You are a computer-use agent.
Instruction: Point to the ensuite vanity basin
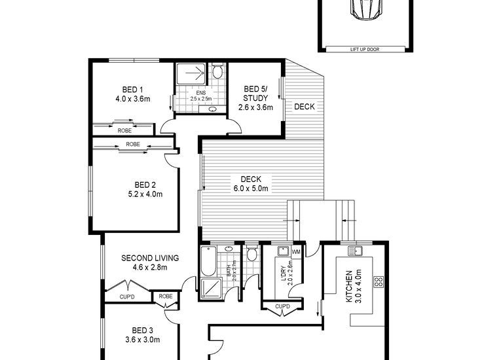click(x=212, y=109)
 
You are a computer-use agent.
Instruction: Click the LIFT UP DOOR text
click(x=365, y=49)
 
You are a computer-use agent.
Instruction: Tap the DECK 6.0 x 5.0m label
click(x=251, y=183)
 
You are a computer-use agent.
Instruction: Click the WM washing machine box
click(x=295, y=252)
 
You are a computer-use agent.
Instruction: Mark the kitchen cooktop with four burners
click(x=378, y=282)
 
